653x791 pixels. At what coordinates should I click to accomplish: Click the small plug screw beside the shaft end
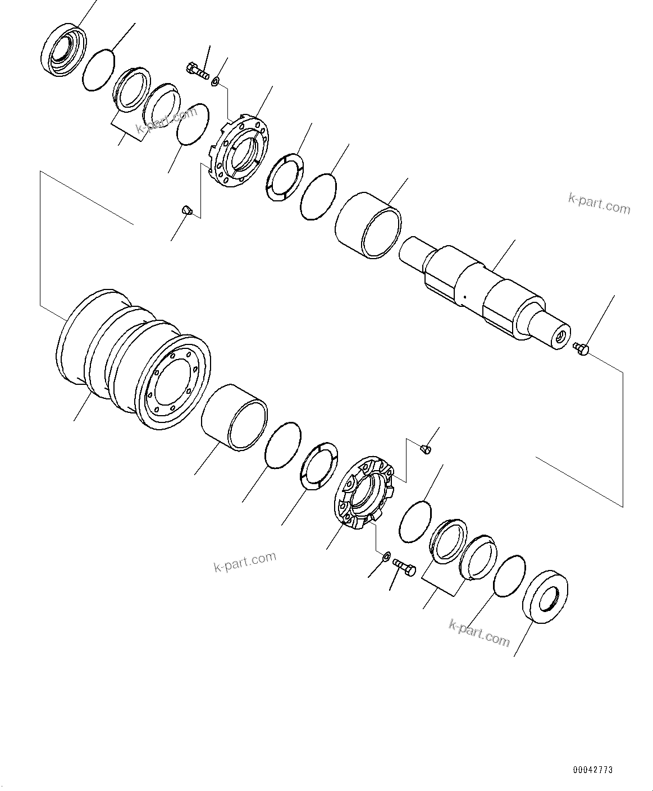tap(581, 349)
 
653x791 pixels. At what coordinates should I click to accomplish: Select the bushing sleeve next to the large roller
tap(234, 416)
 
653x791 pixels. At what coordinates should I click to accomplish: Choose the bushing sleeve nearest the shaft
tap(368, 225)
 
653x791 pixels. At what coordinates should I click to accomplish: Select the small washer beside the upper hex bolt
tap(214, 83)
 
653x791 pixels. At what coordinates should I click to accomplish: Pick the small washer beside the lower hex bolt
tap(386, 557)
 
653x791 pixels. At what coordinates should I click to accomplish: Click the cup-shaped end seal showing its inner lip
tap(64, 49)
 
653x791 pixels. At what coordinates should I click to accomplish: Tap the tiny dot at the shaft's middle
tap(464, 297)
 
